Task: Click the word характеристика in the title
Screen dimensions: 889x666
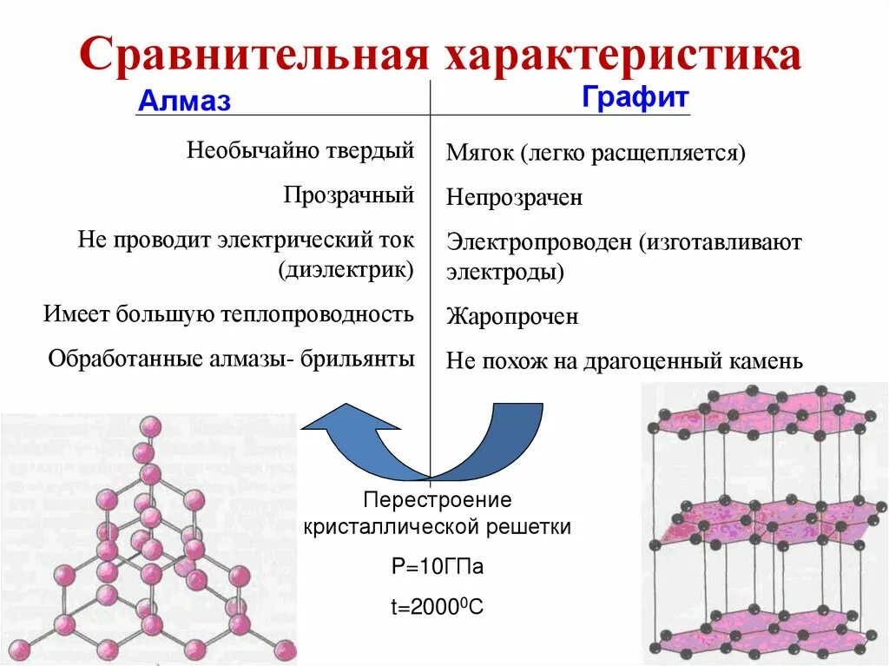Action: click(623, 54)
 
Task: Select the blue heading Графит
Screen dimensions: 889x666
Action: click(635, 96)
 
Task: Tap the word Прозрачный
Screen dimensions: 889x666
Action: click(348, 195)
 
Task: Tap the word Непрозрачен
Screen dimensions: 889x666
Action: click(514, 198)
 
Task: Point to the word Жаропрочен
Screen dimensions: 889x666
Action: click(512, 317)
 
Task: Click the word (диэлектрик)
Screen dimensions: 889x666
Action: click(346, 269)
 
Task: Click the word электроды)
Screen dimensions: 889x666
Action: click(505, 272)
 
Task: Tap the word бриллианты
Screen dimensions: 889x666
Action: click(358, 358)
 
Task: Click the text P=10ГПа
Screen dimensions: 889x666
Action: click(437, 567)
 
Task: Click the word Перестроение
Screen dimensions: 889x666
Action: click(437, 500)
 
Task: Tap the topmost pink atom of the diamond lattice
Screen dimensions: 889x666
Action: click(150, 426)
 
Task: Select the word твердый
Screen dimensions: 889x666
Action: click(369, 150)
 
